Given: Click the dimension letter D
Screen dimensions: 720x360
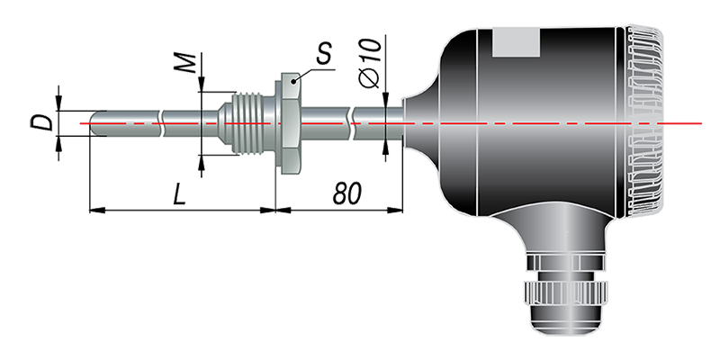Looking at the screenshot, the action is coord(42,123).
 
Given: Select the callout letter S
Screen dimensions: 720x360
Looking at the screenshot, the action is coord(324,54).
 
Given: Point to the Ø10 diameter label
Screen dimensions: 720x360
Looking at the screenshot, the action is coord(370,63).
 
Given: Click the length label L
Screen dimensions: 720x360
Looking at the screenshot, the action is coord(179,194).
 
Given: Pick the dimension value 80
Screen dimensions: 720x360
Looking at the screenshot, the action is coord(347,193).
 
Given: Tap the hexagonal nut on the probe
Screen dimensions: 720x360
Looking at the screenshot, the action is coord(288,123).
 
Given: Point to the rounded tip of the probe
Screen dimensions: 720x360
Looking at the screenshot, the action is coord(94,123).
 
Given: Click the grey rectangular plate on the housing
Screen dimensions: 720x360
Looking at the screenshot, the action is coord(516,42).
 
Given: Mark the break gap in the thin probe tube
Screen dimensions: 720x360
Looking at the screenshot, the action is coord(162,123).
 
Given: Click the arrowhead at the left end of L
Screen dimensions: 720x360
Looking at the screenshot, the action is coord(96,210).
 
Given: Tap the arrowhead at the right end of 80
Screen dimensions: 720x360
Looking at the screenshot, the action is coord(395,210).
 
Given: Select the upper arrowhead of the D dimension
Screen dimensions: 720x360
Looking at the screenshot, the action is coord(58,103).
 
